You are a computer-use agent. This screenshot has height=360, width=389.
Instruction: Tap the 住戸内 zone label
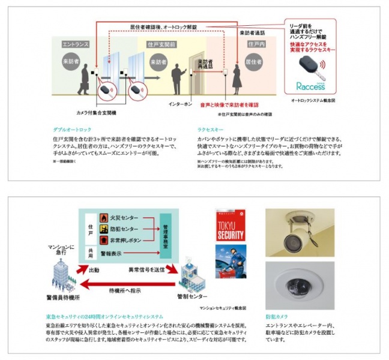(255, 45)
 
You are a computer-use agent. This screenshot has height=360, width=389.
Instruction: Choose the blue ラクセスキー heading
(212, 129)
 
